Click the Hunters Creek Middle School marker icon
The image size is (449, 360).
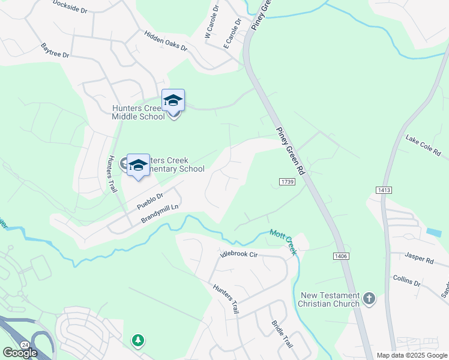pyautogui.click(x=173, y=101)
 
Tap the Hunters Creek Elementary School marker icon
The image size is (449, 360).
pyautogui.click(x=139, y=165)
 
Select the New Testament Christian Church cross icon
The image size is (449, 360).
pyautogui.click(x=369, y=298)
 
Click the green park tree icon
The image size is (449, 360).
pyautogui.click(x=139, y=341)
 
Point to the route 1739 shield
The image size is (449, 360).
pyautogui.click(x=287, y=182)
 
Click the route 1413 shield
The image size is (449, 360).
pyautogui.click(x=384, y=190)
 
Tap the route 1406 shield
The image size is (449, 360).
pyautogui.click(x=339, y=256)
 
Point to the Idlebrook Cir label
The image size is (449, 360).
pyautogui.click(x=238, y=255)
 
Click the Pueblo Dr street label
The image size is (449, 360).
pyautogui.click(x=150, y=200)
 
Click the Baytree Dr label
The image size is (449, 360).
pyautogui.click(x=55, y=50)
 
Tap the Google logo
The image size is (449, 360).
pyautogui.click(x=20, y=353)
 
